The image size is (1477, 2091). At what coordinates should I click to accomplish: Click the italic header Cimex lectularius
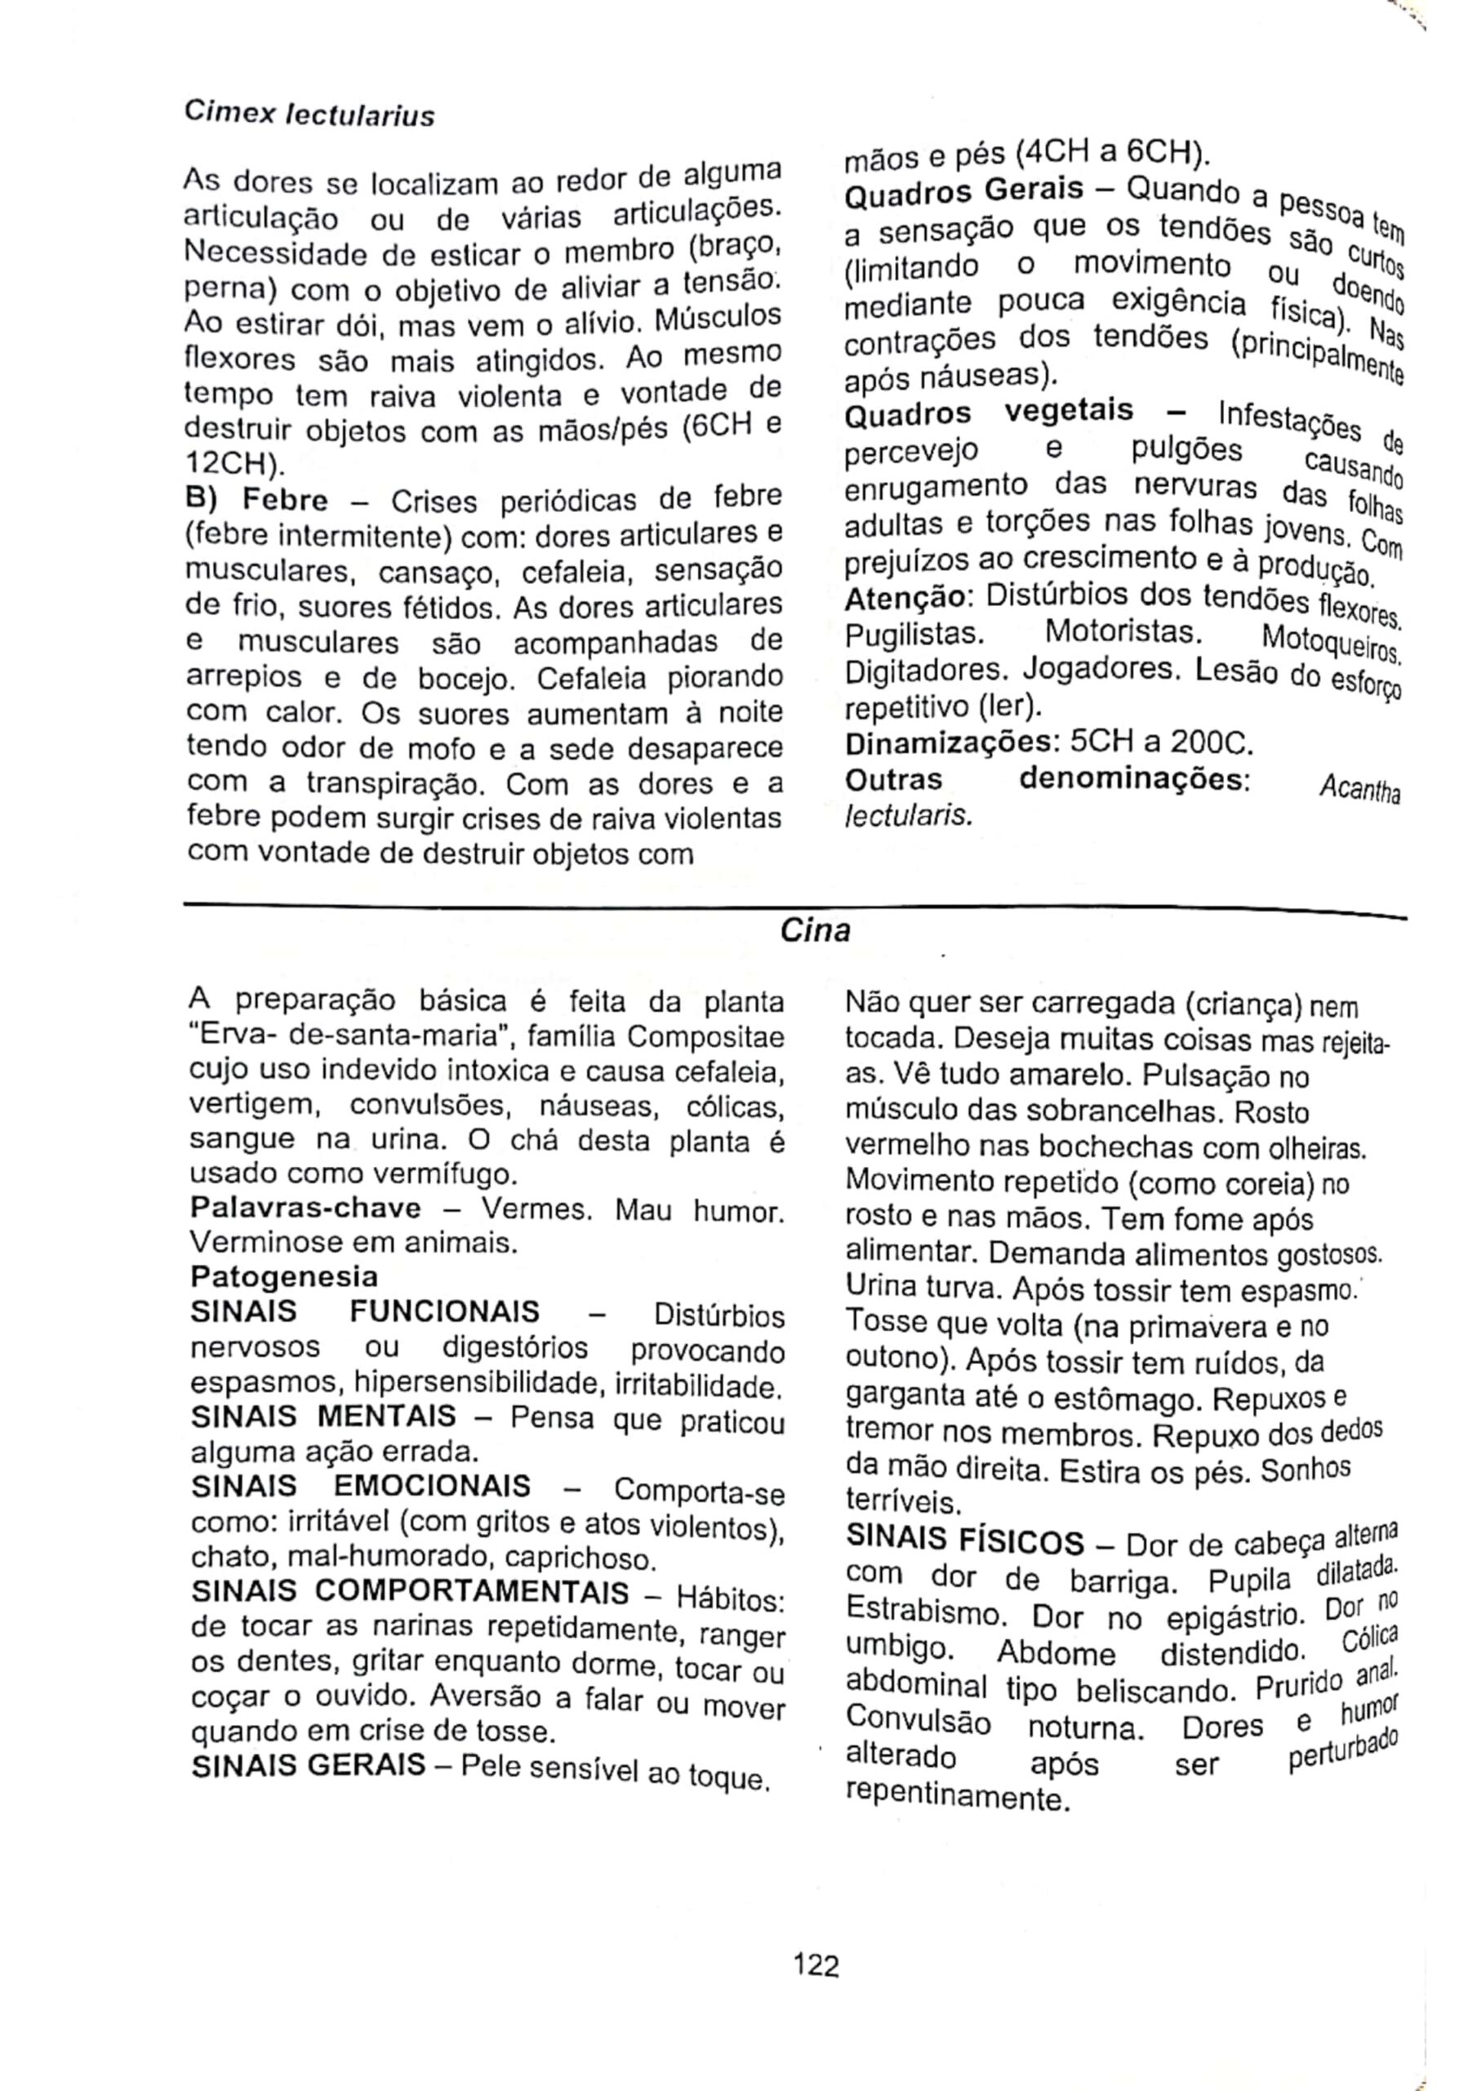(309, 114)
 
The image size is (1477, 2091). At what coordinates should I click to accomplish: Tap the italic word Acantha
(1359, 790)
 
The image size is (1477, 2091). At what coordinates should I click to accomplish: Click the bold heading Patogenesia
(283, 1276)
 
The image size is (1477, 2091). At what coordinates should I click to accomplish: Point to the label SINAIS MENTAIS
(323, 1416)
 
